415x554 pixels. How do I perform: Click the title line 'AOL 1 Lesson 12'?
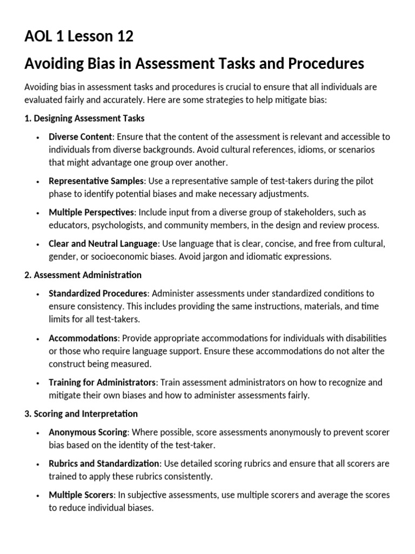[79, 37]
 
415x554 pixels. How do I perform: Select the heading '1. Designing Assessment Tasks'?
[84, 118]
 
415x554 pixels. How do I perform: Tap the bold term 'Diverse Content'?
[81, 136]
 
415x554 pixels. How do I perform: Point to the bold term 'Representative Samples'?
[97, 181]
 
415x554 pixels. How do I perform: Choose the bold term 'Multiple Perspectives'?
[91, 212]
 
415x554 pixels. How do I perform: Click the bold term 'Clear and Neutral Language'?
[103, 243]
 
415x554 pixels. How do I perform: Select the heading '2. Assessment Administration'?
[83, 275]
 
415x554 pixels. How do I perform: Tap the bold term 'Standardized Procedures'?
[98, 293]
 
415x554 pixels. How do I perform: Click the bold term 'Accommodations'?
[83, 338]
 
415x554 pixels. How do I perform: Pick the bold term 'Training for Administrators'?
[103, 382]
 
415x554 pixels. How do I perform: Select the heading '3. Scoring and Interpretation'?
[81, 413]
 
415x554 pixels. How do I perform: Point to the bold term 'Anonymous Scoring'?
[88, 432]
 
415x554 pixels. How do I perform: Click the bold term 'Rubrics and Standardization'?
[104, 463]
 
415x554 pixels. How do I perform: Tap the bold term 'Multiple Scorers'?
[81, 494]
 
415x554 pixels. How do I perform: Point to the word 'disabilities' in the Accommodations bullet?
[362, 338]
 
